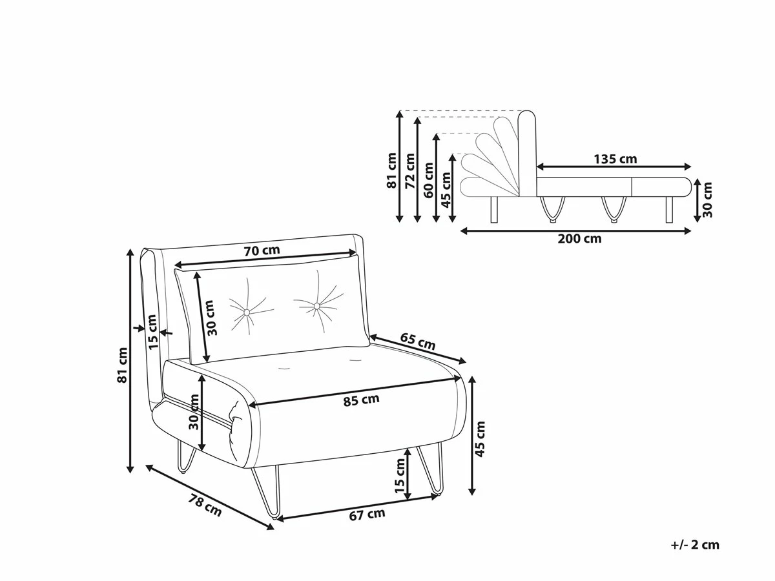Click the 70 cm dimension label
(262, 250)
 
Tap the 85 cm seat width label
(361, 400)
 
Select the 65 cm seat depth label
(418, 341)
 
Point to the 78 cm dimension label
(205, 505)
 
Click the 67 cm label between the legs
(367, 515)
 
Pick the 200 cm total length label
(579, 239)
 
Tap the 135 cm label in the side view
(615, 159)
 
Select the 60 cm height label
(428, 180)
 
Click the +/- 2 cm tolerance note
(695, 545)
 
